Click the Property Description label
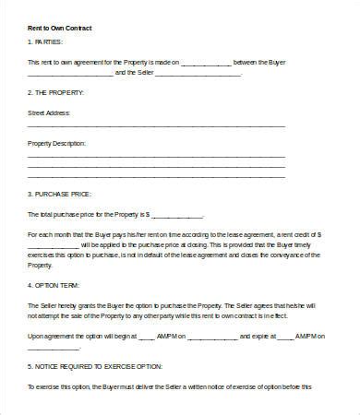(57, 144)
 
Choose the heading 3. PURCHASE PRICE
(58, 194)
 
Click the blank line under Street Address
(157, 127)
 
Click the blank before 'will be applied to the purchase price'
(54, 244)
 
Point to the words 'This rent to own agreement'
(74, 62)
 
